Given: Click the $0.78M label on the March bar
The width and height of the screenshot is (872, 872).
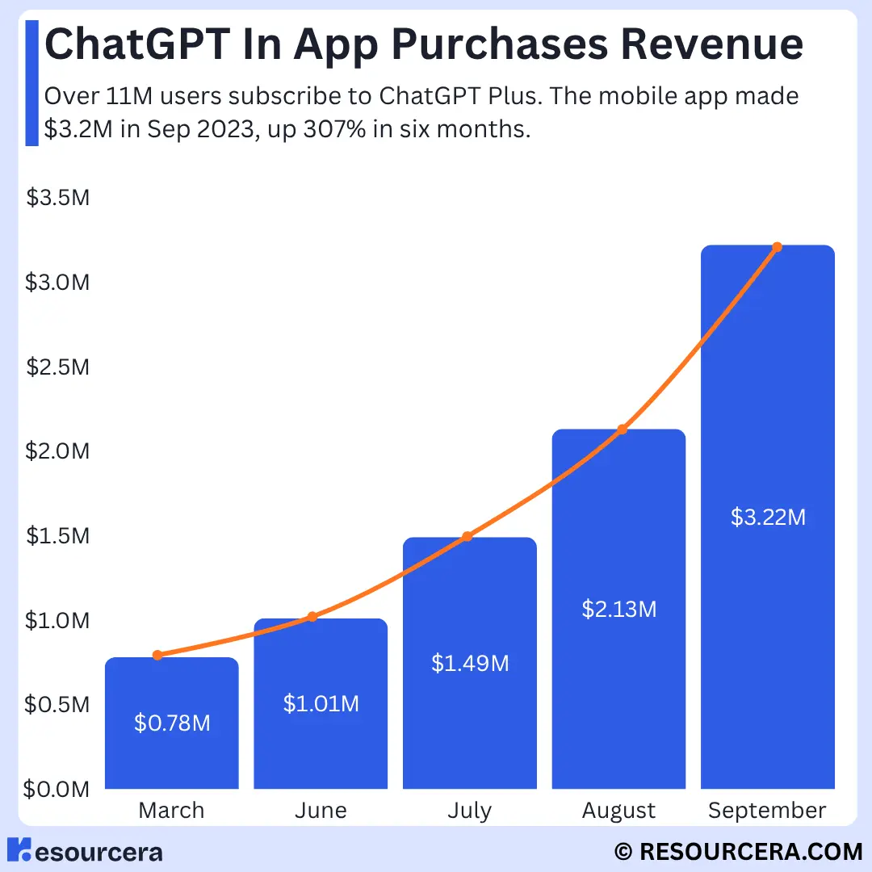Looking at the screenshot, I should pyautogui.click(x=172, y=723).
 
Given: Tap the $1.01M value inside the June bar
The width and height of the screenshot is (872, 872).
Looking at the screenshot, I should pyautogui.click(x=321, y=704).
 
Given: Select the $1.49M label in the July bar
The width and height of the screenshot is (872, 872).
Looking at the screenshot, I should pyautogui.click(x=470, y=664).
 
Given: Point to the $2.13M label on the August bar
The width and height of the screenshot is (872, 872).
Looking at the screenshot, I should pyautogui.click(x=619, y=609).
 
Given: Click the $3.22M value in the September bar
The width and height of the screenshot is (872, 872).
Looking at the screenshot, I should pyautogui.click(x=768, y=517).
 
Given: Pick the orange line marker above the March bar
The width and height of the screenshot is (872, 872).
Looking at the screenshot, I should pyautogui.click(x=157, y=655).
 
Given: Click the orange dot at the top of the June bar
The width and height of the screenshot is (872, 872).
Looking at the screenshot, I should pyautogui.click(x=312, y=617).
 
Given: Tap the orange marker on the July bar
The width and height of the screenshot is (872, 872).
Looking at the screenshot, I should pyautogui.click(x=467, y=536).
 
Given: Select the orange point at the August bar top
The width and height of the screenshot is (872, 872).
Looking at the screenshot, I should pyautogui.click(x=622, y=429).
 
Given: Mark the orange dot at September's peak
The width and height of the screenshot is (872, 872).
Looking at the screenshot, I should pyautogui.click(x=777, y=247).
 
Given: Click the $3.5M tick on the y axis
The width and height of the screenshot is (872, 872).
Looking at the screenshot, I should pyautogui.click(x=57, y=199).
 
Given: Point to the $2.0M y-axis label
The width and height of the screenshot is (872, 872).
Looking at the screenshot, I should pyautogui.click(x=57, y=451).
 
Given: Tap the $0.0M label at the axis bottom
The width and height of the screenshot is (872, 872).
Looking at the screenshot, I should pyautogui.click(x=57, y=789).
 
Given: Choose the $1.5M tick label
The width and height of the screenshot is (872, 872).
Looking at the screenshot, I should pyautogui.click(x=57, y=536).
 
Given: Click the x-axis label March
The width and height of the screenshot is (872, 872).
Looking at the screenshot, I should pyautogui.click(x=171, y=811).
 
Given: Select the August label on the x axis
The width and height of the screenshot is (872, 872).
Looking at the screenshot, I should pyautogui.click(x=618, y=811).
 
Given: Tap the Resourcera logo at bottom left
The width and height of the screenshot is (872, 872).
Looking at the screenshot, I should pyautogui.click(x=85, y=851).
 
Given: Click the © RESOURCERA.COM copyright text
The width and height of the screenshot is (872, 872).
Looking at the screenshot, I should pyautogui.click(x=738, y=851).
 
